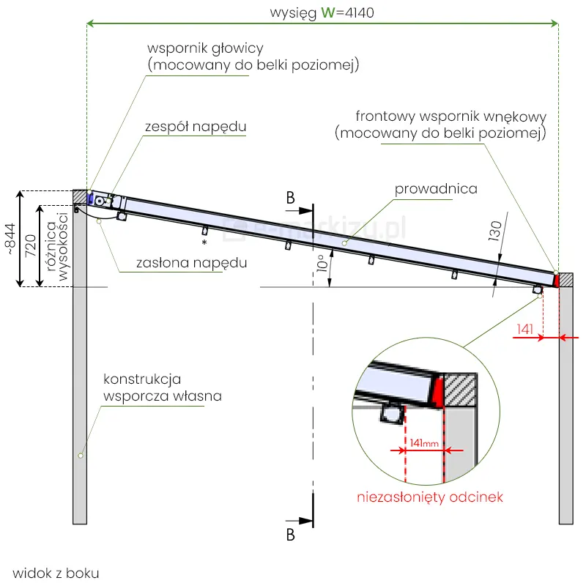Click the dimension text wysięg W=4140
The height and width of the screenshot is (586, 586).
point(322,13)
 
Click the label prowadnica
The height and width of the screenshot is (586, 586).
point(436,189)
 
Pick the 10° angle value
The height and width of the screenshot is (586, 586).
point(323,264)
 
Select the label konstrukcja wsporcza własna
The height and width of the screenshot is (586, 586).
point(162,387)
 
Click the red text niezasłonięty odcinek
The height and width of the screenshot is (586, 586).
point(430,497)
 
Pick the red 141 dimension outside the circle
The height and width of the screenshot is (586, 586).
point(524,330)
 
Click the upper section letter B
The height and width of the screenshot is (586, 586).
point(291,198)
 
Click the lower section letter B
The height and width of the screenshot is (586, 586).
point(290,535)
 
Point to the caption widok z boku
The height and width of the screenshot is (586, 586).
point(56,573)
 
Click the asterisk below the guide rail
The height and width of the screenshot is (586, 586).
point(205,242)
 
